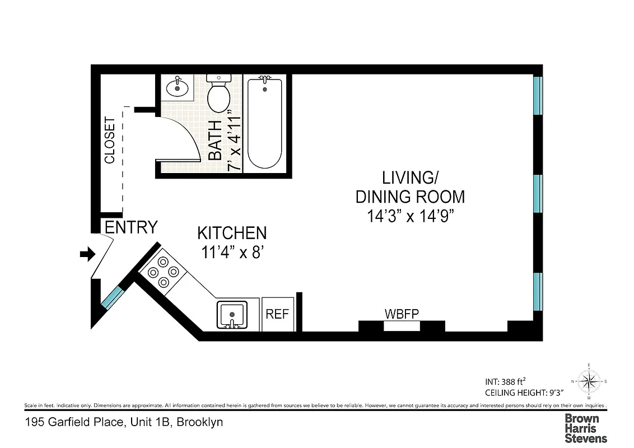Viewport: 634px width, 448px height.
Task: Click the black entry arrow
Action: pyautogui.click(x=87, y=255)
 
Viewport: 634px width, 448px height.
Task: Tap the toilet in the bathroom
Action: pyautogui.click(x=218, y=95)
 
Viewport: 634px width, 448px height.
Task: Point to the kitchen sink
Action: pyautogui.click(x=231, y=315)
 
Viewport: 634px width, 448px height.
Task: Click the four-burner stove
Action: pyautogui.click(x=162, y=272)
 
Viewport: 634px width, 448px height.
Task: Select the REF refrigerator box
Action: pyautogui.click(x=277, y=314)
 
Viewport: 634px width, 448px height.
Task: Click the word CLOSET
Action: pyautogui.click(x=110, y=140)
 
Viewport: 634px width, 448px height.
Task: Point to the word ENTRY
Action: pyautogui.click(x=131, y=227)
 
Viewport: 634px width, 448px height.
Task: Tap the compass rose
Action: pyautogui.click(x=588, y=382)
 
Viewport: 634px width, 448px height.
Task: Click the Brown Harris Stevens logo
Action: pyautogui.click(x=585, y=428)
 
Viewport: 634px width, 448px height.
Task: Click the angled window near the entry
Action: pyautogui.click(x=112, y=297)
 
